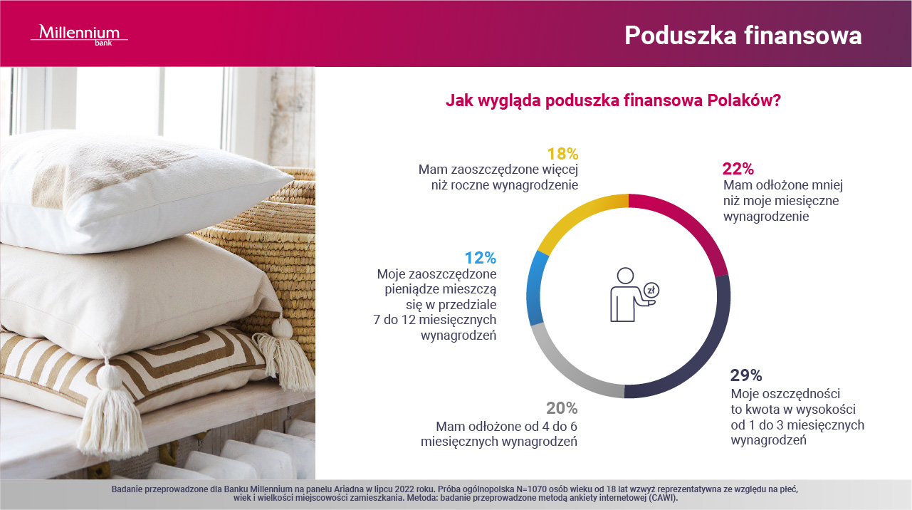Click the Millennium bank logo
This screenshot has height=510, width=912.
coord(79,35)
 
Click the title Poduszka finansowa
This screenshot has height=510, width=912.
coord(743,36)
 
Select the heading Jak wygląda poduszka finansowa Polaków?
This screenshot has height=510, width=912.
coord(613,100)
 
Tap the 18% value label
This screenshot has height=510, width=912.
coord(562,154)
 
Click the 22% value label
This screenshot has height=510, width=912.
coord(738,169)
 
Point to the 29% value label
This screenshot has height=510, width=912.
coord(746,375)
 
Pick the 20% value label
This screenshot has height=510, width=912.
coord(562,407)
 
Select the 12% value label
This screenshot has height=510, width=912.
coord(481,258)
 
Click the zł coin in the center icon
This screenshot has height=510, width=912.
coord(651,291)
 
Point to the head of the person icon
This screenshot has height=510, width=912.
coord(625,276)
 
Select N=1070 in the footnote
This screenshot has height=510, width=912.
coord(536,489)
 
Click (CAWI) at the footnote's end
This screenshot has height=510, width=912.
coord(663,498)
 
